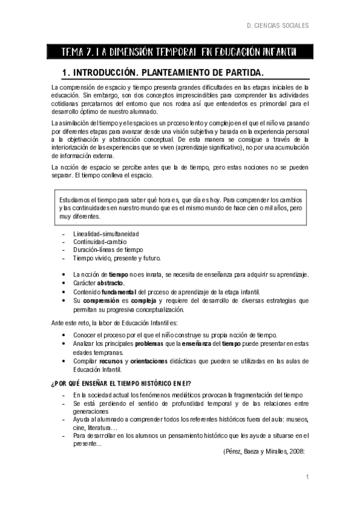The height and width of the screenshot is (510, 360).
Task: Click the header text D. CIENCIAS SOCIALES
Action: [278, 26]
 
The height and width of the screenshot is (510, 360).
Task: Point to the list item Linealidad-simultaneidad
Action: [106, 233]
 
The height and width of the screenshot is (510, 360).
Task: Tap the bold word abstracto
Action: [111, 283]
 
